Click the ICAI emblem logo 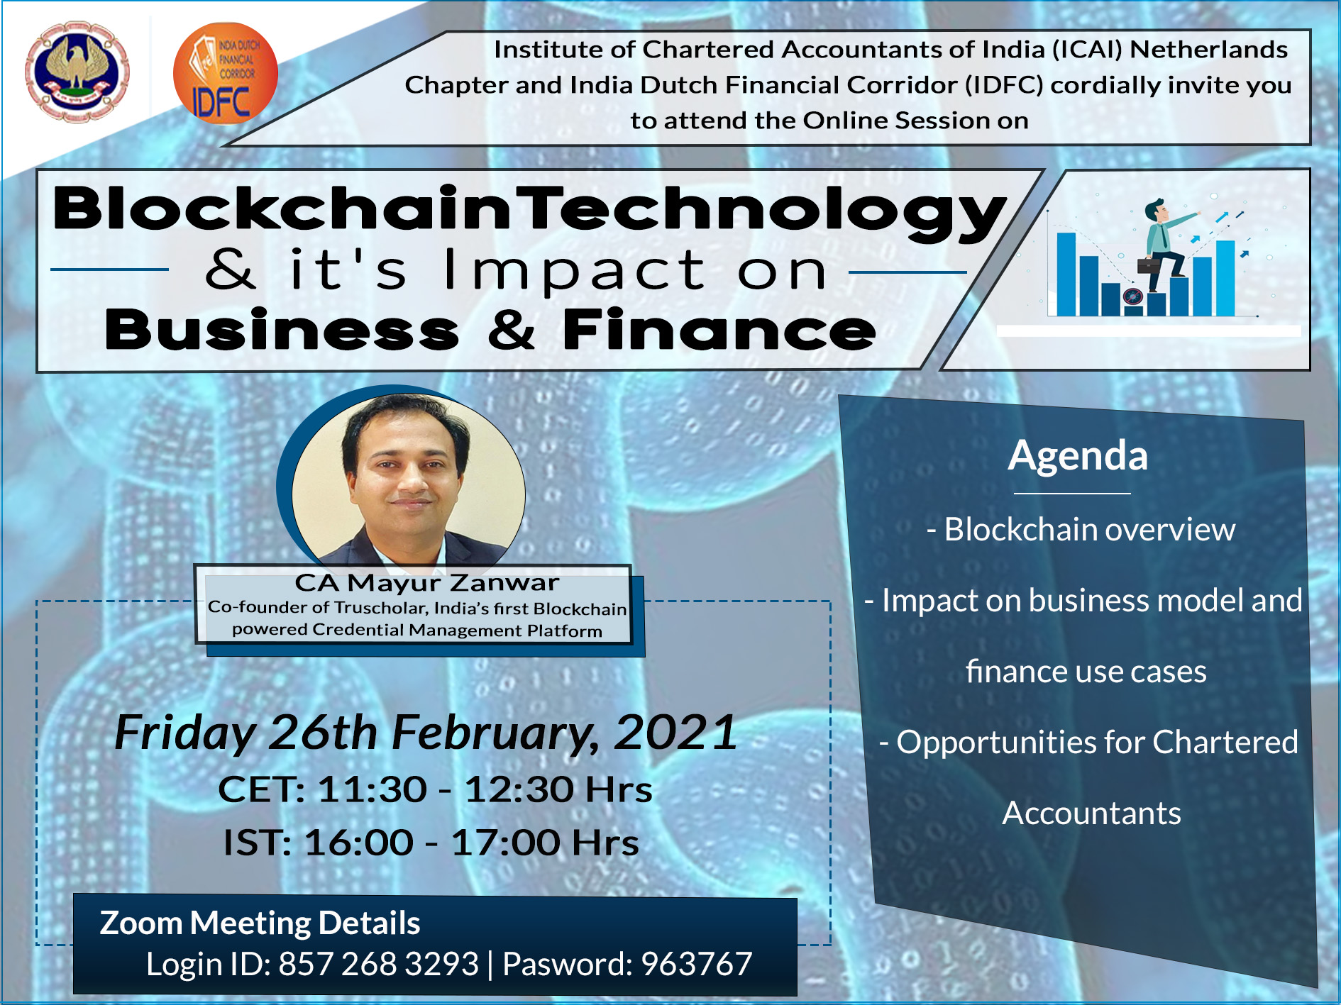coord(77,71)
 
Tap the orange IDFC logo coord(225,74)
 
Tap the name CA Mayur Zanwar coord(427,582)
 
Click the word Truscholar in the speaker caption coord(381,608)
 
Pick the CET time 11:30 coord(372,789)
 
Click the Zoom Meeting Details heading coord(260,923)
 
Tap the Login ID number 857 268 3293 coord(379,964)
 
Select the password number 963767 coord(696,964)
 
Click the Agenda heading coord(1078,456)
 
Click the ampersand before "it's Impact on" coord(230,270)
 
